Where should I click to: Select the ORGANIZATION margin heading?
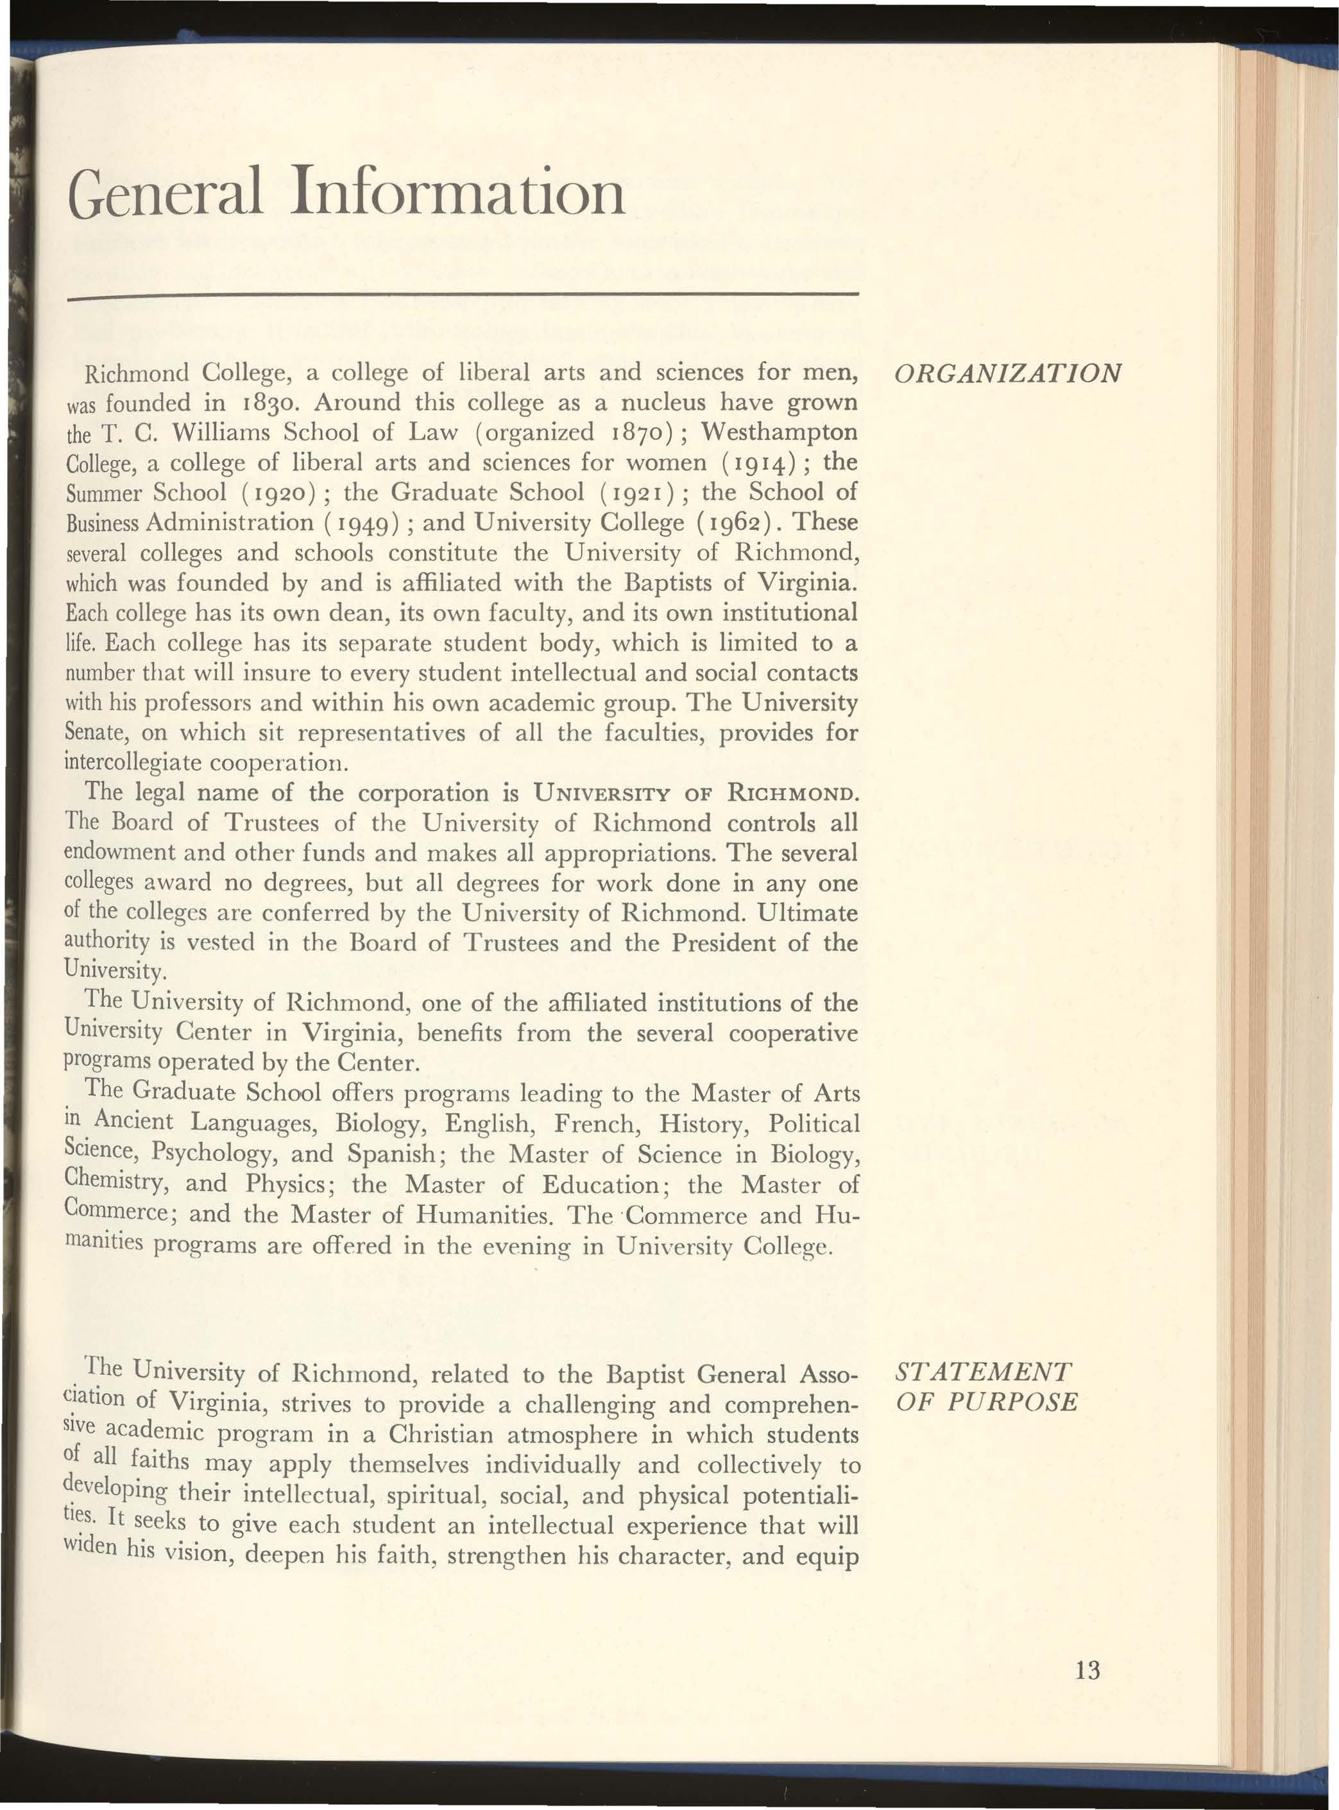1007,373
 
